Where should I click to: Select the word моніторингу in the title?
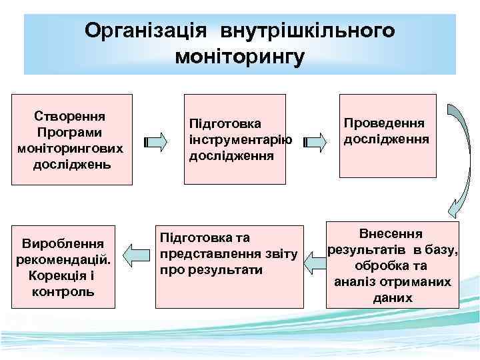[x=239, y=57]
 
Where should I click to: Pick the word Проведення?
[x=385, y=123]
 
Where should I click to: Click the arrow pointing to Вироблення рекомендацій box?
[x=137, y=254]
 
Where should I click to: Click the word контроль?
[x=63, y=291]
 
